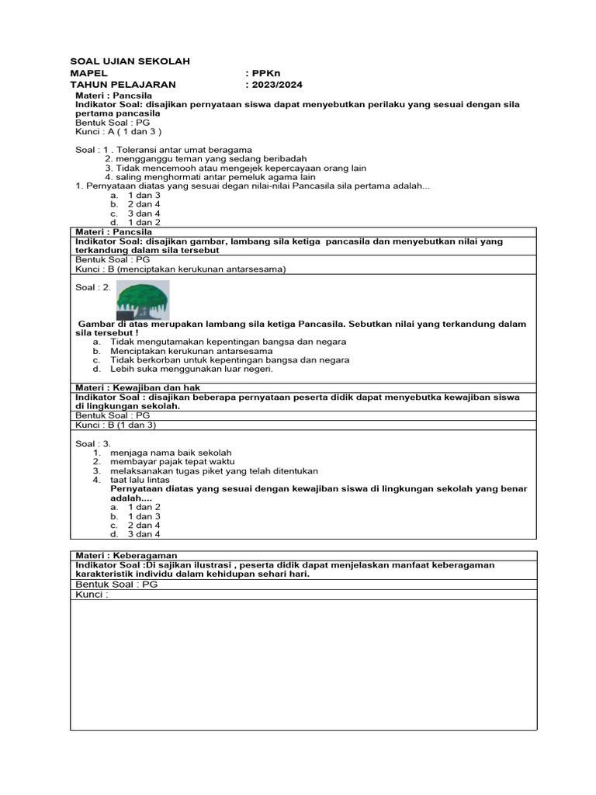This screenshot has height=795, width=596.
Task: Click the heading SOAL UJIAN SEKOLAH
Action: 130,61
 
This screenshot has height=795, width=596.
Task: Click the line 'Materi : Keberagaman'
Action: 126,556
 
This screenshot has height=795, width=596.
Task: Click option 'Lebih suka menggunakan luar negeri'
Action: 191,370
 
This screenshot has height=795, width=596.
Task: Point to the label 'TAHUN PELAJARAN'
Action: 123,85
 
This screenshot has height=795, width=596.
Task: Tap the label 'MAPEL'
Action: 88,73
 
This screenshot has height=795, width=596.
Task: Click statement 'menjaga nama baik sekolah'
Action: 171,452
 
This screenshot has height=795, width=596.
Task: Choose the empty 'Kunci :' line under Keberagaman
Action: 92,595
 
